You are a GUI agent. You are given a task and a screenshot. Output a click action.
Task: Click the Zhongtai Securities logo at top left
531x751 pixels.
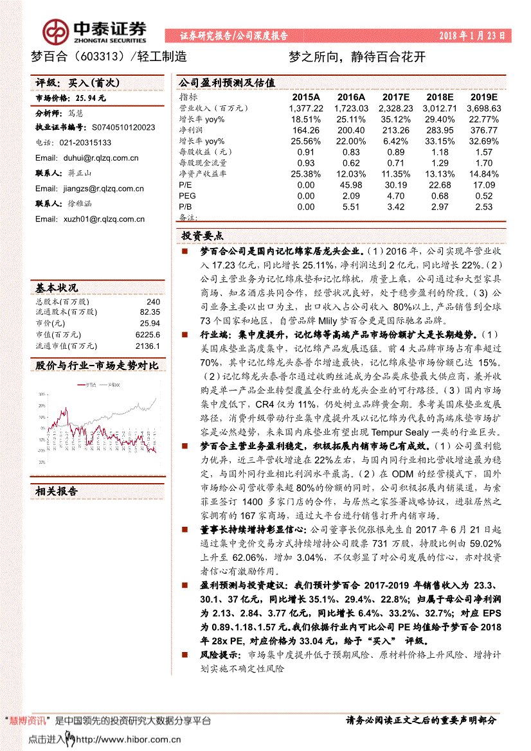coord(93,30)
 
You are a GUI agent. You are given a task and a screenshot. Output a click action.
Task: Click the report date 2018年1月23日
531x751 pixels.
coord(472,36)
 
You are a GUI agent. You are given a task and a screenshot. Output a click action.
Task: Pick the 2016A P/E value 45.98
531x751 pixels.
coord(352,184)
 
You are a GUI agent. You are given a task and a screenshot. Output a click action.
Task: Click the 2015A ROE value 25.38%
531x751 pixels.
coord(305,173)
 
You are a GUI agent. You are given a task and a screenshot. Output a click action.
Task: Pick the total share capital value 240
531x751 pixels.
coord(153,301)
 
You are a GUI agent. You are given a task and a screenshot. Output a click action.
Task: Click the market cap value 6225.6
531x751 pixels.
coord(148,335)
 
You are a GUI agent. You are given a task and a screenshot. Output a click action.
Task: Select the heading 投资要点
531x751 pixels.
coord(202,235)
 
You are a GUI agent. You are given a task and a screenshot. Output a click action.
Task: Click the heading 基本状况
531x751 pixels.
coord(57,288)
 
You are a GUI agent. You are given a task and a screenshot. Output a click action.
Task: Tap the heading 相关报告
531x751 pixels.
coord(57,491)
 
